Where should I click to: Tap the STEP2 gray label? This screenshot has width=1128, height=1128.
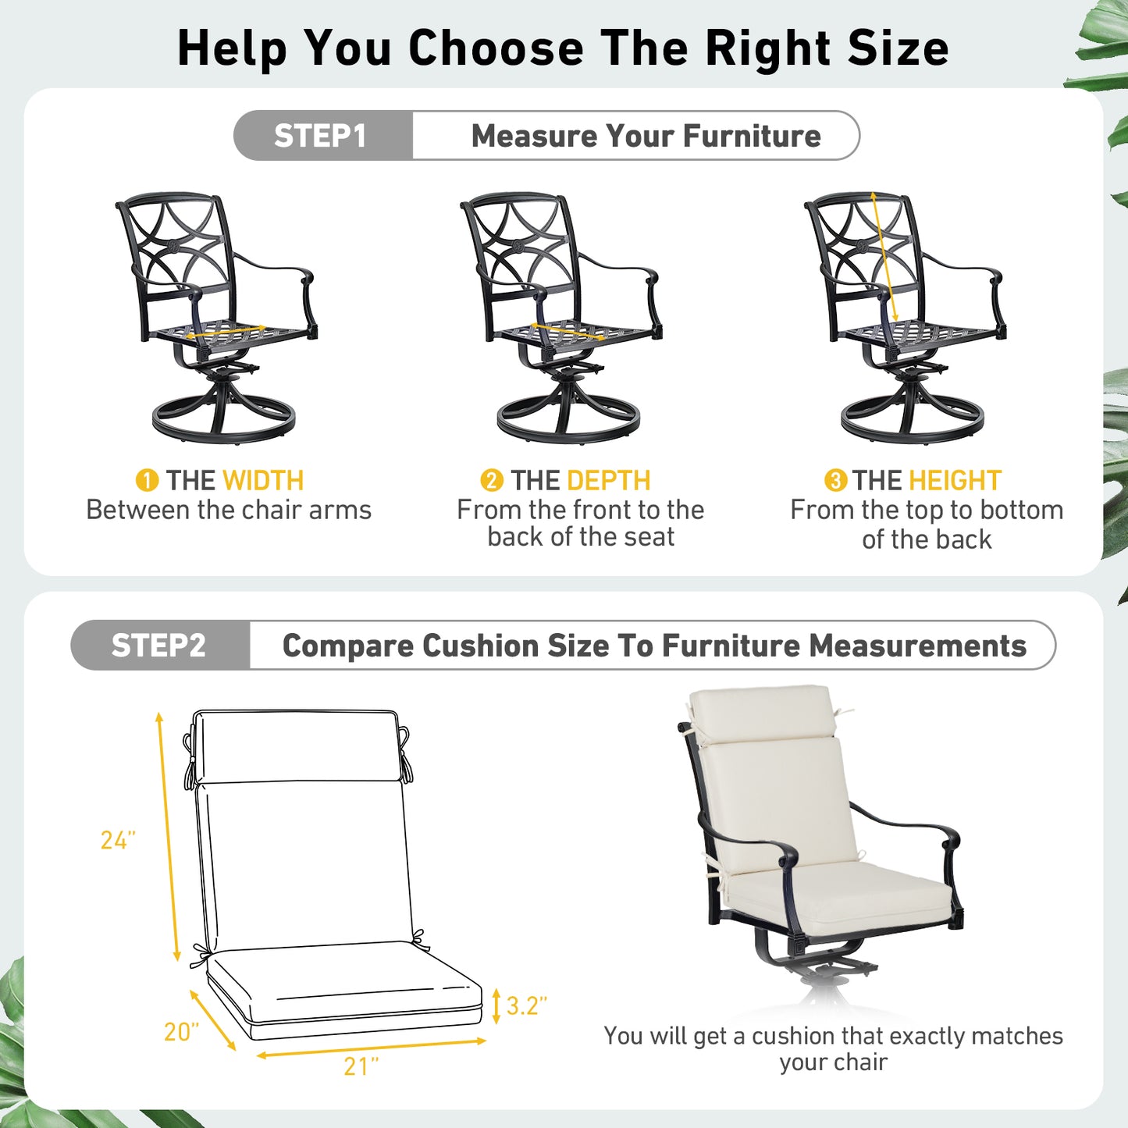click(x=159, y=646)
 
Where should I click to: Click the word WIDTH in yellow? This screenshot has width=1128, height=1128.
click(x=263, y=480)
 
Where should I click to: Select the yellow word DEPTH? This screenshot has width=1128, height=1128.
click(x=608, y=480)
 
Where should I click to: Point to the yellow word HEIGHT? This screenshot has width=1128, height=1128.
click(x=954, y=480)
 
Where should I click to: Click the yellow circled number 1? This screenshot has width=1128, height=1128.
click(x=147, y=480)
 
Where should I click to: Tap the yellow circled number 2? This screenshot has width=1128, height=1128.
click(x=491, y=480)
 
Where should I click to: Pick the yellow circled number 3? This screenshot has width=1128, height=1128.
click(x=835, y=480)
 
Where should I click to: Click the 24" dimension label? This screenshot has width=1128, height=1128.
click(x=118, y=840)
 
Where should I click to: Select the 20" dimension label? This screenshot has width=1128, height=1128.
click(x=181, y=1032)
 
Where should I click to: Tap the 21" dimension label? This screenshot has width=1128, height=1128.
click(x=361, y=1066)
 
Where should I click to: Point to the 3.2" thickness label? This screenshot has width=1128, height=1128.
click(x=526, y=1005)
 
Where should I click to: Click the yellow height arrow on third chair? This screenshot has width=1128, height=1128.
click(x=884, y=258)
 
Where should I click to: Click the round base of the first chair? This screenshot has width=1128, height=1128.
click(x=224, y=422)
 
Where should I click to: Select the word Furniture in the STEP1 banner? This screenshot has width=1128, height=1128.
click(x=752, y=136)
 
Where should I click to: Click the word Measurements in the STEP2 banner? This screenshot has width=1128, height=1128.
click(x=917, y=646)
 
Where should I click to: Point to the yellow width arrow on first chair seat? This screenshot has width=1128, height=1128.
click(x=226, y=332)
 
